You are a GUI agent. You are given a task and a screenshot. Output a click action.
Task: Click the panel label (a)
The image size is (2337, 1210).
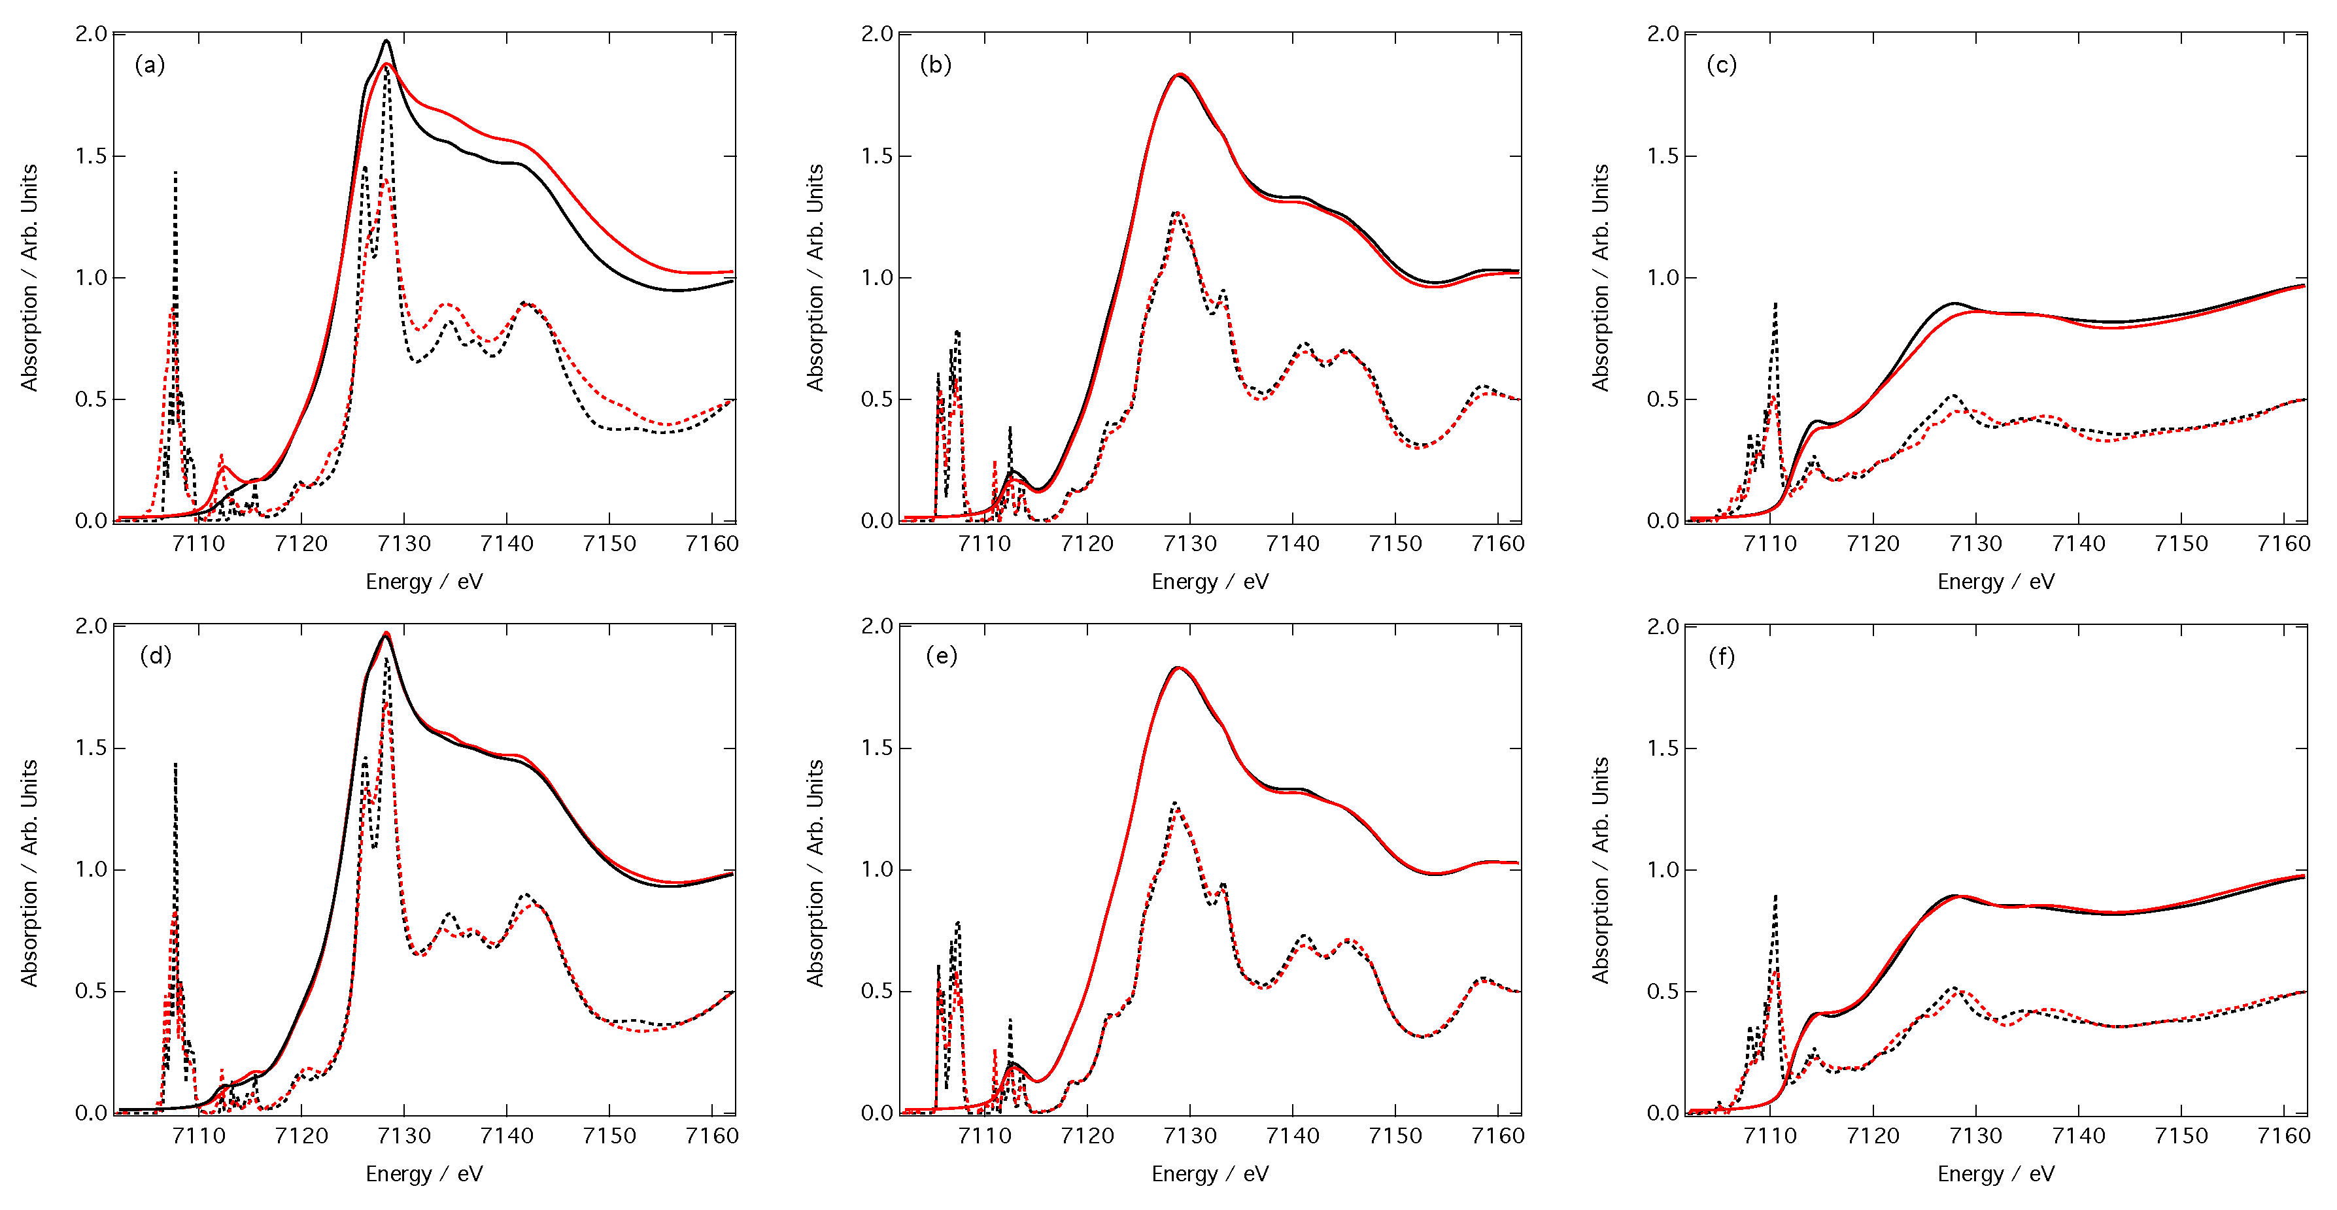[150, 65]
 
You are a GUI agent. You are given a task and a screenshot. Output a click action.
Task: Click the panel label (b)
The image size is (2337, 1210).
[935, 65]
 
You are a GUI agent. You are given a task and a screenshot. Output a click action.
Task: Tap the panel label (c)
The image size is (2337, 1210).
[1721, 65]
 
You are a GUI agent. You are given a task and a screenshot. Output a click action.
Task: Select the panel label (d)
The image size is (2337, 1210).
[155, 656]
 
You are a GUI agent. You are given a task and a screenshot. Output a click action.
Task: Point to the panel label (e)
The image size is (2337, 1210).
[941, 656]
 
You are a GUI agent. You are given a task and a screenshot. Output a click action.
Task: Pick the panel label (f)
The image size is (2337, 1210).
[1721, 656]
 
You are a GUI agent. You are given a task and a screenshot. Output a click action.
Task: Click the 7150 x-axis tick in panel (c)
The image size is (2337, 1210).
[2181, 543]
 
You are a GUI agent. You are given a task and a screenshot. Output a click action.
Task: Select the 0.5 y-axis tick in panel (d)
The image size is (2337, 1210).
[92, 990]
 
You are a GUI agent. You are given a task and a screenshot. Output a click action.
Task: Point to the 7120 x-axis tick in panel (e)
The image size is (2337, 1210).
[1087, 1135]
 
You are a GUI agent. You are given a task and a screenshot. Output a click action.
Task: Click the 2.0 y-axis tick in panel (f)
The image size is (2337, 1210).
[1663, 626]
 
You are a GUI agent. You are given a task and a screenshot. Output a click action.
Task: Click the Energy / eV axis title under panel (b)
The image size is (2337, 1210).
[1209, 581]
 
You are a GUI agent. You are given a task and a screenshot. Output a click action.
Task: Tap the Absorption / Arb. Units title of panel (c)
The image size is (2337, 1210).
[1600, 278]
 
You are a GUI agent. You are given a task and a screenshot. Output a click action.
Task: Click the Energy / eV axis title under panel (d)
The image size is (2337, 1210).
[424, 1173]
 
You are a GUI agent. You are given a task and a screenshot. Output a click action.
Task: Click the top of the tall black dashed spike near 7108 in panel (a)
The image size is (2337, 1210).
[175, 173]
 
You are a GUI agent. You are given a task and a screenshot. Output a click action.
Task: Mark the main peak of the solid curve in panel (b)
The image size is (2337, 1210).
[1178, 75]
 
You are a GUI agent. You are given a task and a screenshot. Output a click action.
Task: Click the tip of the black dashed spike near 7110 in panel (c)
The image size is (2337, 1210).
[1775, 304]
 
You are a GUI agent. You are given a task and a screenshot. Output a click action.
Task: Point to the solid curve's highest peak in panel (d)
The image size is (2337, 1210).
[386, 633]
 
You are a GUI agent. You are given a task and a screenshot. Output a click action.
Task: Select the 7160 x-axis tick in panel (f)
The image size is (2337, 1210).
[2283, 1135]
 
